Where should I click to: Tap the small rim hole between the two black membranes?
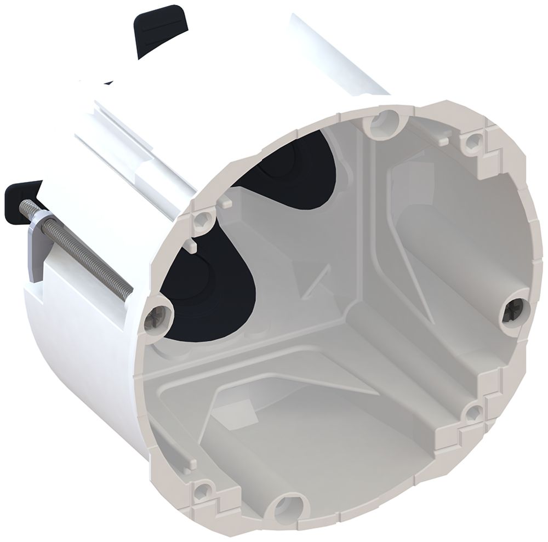point(203,219)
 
